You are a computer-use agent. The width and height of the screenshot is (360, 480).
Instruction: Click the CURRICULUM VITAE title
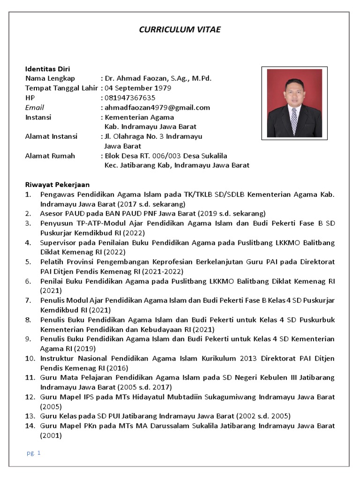[x=180, y=30]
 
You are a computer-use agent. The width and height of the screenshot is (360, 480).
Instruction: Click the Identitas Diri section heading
[x=47, y=68]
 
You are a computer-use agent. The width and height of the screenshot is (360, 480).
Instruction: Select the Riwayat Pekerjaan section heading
[x=57, y=184]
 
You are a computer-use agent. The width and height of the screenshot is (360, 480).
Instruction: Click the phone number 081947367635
[x=130, y=97]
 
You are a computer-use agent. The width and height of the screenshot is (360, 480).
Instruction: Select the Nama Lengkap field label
[x=50, y=78]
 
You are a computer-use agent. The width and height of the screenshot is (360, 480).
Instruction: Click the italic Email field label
[x=34, y=107]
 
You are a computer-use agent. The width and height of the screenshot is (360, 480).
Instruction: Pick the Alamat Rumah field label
[x=50, y=156]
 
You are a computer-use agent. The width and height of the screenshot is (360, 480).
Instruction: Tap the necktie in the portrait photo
[x=294, y=120]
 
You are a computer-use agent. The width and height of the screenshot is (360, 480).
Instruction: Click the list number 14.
[x=29, y=426]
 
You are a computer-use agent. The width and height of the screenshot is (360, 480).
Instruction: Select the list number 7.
[x=28, y=300]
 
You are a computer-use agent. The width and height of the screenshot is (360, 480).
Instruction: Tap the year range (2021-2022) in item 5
[x=163, y=271]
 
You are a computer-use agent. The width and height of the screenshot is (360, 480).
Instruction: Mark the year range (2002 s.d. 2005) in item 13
[x=263, y=416]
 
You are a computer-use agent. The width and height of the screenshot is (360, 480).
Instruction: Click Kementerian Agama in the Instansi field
[x=139, y=117]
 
